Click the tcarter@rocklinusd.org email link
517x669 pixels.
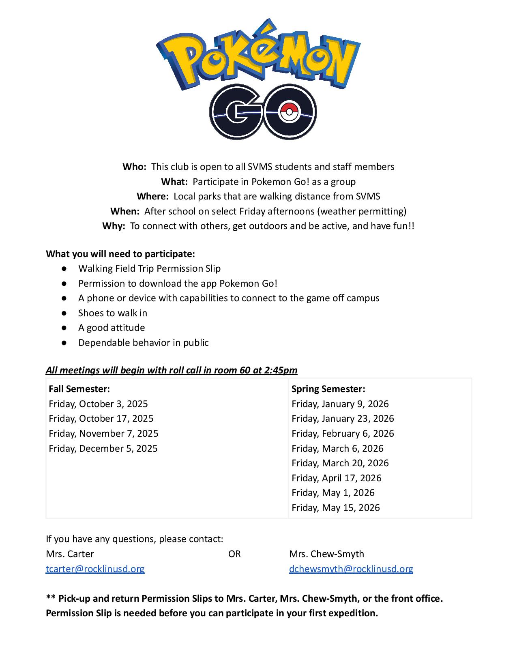coord(95,569)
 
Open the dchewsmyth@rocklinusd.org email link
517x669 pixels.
coord(351,569)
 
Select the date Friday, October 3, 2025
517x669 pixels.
coord(98,404)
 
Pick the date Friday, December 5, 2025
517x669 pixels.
coord(103,448)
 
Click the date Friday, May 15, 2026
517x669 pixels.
coord(335,508)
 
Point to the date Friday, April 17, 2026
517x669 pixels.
coord(336,478)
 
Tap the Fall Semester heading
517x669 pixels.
coord(79,389)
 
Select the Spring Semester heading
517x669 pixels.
coord(328,389)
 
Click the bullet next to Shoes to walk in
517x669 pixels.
coord(64,313)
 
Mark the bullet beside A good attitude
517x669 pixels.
coord(64,328)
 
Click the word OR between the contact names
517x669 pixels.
coord(234,554)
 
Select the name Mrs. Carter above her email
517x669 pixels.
coord(70,554)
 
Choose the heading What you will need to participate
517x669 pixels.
coord(120,254)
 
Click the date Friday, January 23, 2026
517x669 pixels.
coord(343,418)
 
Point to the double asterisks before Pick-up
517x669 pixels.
coord(51,598)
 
